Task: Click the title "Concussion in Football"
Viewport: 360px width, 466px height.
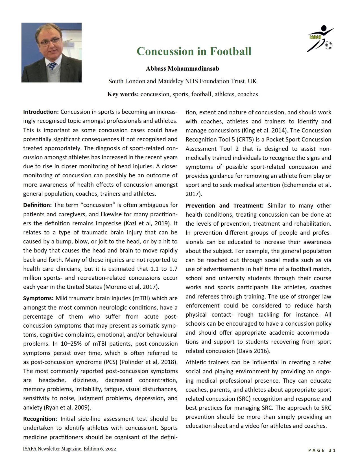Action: tap(194, 51)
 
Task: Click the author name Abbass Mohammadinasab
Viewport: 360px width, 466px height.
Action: tap(182, 69)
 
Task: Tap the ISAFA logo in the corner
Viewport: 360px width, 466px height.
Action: tap(321, 39)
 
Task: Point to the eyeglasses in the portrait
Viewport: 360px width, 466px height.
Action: tap(50, 42)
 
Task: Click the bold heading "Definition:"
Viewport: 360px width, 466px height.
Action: tap(37, 205)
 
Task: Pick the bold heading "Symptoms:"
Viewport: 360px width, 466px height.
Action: tap(38, 299)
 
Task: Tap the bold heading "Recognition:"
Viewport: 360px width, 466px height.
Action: tap(40, 419)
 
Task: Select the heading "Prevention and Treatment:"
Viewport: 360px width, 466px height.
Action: tap(224, 206)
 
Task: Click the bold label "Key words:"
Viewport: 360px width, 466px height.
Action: tap(123, 94)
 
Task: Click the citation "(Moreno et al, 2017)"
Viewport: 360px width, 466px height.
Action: tap(131, 287)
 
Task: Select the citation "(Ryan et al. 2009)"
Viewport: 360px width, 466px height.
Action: tap(67, 408)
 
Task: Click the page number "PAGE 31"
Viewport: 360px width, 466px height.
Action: tap(322, 450)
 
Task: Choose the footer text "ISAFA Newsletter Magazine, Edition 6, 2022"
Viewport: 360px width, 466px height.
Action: tap(69, 449)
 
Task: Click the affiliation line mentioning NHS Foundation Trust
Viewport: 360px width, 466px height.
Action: tap(182, 81)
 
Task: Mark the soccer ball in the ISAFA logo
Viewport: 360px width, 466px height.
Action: tap(328, 45)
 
